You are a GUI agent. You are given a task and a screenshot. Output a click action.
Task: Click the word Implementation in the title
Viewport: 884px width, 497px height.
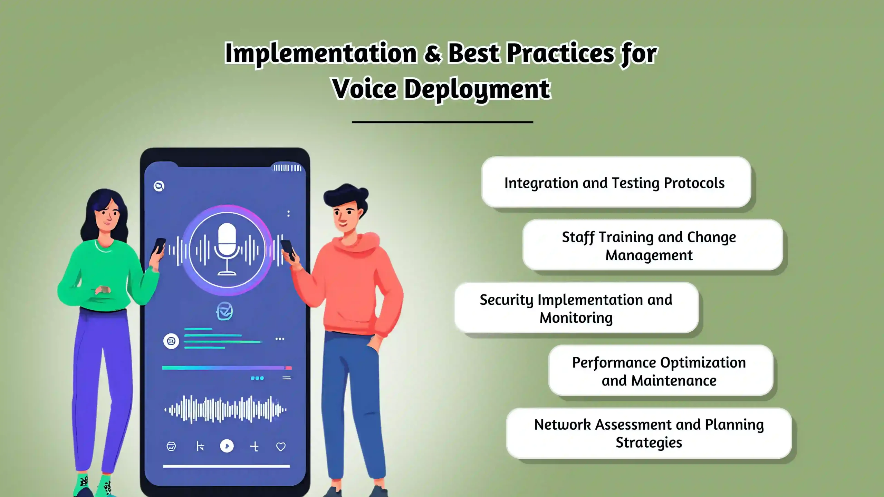point(320,53)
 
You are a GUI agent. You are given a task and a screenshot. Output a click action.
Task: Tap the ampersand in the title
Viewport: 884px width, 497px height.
point(432,53)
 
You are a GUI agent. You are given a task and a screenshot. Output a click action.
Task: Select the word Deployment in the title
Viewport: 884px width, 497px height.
point(477,89)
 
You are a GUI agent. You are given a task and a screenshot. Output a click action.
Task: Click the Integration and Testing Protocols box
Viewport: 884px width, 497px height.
point(616,182)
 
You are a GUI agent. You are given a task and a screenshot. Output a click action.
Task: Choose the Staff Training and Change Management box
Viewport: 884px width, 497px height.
point(652,245)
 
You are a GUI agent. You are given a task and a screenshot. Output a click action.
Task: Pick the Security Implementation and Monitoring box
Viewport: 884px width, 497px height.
point(576,308)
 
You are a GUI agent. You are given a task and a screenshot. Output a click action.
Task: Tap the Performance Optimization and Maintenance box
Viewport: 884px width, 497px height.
point(660,371)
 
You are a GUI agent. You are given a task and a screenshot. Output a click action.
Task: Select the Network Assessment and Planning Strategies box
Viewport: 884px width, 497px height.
point(648,433)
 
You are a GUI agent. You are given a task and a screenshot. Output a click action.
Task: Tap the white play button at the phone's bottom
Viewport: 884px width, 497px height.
point(227,446)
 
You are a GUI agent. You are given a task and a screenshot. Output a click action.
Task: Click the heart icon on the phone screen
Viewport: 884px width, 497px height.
point(281,447)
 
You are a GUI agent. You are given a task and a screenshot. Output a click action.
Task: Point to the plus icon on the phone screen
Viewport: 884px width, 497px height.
point(254,447)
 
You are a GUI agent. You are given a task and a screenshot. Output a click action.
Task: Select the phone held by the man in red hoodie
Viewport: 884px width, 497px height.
point(288,249)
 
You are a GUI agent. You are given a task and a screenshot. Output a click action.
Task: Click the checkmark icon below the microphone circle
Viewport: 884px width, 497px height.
point(224,311)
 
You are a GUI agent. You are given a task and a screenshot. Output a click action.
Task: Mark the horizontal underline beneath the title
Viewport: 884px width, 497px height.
point(442,122)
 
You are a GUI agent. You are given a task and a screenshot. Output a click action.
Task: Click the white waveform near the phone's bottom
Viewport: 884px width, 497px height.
point(225,410)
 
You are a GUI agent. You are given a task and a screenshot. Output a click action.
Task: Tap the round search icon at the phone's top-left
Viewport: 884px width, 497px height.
point(159,186)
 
